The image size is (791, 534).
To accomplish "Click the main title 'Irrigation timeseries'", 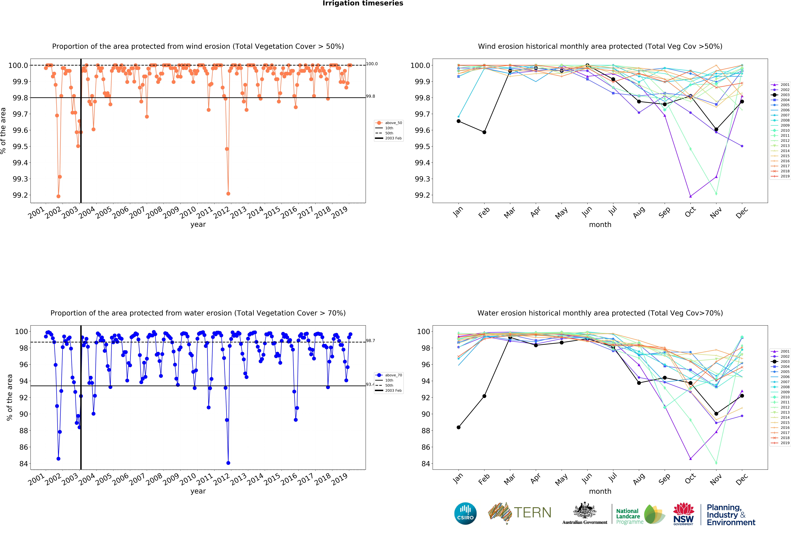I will (x=363, y=3).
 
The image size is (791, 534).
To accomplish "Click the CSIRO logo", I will (x=465, y=513).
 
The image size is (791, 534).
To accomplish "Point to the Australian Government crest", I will (x=584, y=510).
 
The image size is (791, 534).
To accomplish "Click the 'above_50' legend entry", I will (x=393, y=123).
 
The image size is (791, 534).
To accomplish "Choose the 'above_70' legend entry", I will (x=393, y=375).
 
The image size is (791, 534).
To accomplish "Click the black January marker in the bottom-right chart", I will (x=458, y=427).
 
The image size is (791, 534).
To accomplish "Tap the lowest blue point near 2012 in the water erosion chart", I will (x=228, y=463).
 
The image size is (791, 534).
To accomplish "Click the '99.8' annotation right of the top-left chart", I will (x=371, y=96).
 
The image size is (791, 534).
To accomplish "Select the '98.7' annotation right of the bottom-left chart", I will (x=371, y=340).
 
